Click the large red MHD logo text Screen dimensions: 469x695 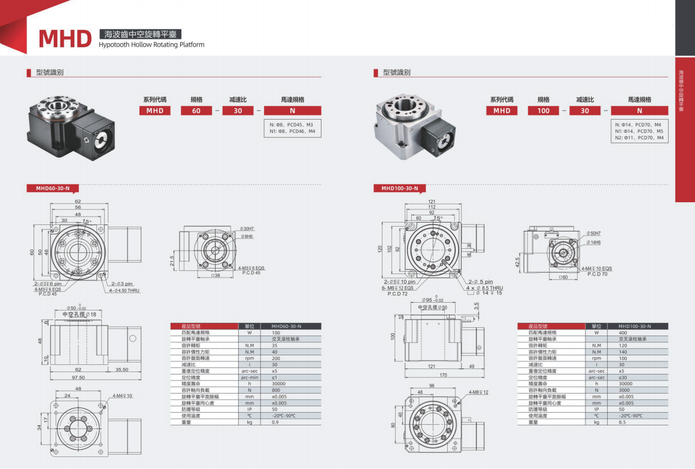[65, 38]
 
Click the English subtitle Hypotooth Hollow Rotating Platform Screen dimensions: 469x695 [151, 45]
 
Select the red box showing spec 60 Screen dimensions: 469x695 [196, 111]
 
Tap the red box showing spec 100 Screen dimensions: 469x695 [543, 111]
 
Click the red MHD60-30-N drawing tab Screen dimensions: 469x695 [53, 188]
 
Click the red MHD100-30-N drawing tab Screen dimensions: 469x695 [400, 188]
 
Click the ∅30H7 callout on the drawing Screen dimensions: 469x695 [247, 229]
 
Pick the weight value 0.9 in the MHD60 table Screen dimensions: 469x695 [275, 422]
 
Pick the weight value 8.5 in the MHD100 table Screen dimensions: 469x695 [622, 422]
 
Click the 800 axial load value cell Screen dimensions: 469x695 [276, 390]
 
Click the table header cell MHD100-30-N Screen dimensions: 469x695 [634, 326]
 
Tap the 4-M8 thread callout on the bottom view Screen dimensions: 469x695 [478, 392]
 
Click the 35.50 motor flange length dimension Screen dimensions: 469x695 [122, 370]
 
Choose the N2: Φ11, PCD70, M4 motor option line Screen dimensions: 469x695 [639, 138]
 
